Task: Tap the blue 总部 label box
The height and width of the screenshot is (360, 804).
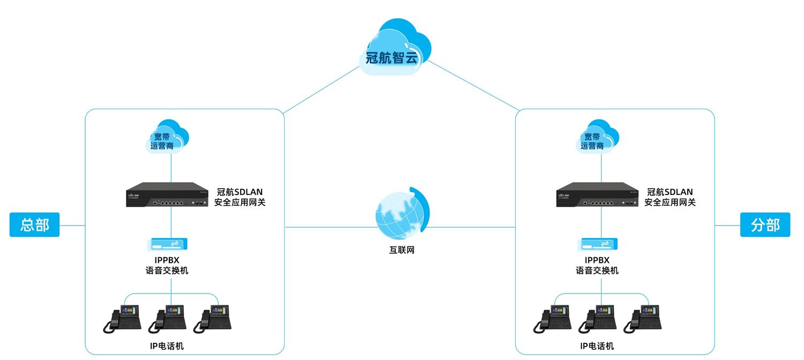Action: tap(34, 224)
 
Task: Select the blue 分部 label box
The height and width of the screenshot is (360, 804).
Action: tap(765, 224)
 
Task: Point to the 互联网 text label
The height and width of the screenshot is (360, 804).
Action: tap(401, 250)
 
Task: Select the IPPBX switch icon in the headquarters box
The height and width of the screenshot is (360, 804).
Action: tap(168, 245)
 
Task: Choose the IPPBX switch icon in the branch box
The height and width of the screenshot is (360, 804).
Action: tap(598, 245)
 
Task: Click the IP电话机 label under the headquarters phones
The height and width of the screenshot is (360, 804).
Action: tap(167, 346)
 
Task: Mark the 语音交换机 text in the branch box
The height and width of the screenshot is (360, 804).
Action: tap(597, 271)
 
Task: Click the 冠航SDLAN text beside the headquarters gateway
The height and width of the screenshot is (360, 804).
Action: tap(240, 192)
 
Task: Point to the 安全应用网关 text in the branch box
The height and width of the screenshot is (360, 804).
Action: tap(670, 202)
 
